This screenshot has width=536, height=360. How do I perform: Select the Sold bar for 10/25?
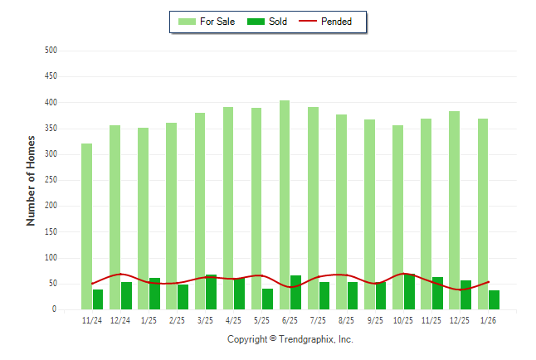pos(409,291)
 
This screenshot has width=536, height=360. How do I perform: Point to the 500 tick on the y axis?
pos(51,51)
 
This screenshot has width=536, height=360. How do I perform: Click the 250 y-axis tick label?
pos(51,180)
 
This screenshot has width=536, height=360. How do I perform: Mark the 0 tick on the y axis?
pos(54,309)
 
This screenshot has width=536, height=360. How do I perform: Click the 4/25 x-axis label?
pos(233,320)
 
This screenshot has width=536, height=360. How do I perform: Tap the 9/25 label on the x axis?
pos(375,320)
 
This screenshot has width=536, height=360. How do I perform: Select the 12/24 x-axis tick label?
pos(120,320)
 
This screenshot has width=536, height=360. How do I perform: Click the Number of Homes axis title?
pos(31,180)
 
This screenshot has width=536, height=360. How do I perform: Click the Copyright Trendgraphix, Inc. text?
pos(290,339)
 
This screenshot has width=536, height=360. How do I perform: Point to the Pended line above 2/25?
pos(177,283)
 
